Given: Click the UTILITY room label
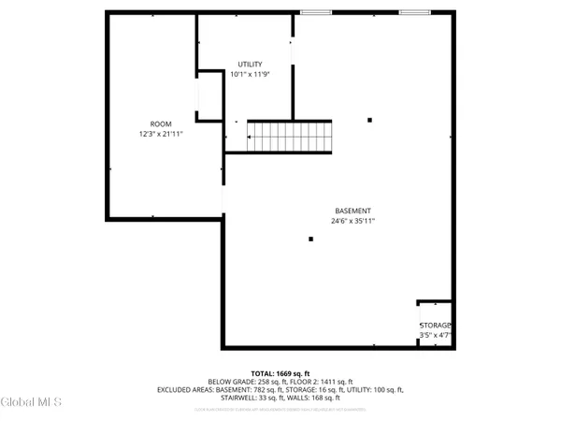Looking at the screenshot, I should point(249,64).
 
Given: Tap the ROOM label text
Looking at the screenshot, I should point(161,124).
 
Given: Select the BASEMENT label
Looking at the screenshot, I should point(353,210).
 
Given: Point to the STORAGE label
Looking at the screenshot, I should point(435,326).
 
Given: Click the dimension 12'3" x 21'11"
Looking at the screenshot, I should point(161,134).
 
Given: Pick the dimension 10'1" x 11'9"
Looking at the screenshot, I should point(249,74).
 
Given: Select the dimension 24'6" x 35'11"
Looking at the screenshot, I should point(353,221).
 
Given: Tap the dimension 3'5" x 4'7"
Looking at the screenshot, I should point(435,335).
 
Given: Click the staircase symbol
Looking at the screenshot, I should point(289,137).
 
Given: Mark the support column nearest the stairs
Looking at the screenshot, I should point(370,120).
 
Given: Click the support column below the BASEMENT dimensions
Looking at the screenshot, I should point(310,240).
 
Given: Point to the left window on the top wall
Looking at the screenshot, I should point(315,12).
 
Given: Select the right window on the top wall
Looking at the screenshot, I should point(413,12).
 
